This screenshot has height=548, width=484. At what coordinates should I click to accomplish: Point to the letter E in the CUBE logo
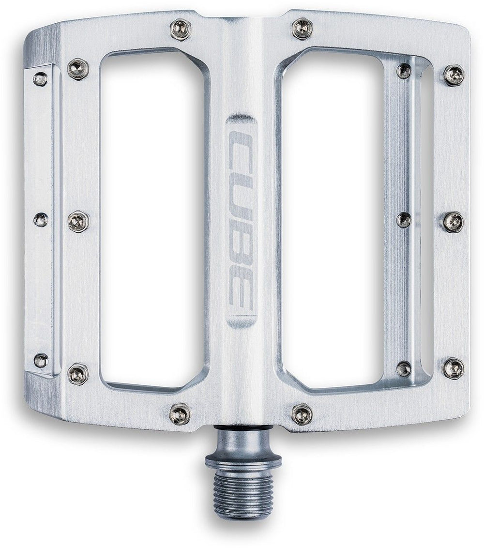[x=241, y=293]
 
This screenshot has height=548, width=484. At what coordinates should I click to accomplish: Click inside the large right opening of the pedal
[x=334, y=218]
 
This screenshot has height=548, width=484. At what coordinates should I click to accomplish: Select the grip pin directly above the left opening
[x=180, y=29]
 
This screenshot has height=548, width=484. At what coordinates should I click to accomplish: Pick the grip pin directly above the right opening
[x=302, y=29]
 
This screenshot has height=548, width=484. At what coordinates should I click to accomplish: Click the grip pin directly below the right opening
[x=302, y=414]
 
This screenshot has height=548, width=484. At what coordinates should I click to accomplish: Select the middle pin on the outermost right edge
[x=453, y=222]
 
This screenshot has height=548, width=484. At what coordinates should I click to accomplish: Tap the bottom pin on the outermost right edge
[x=454, y=368]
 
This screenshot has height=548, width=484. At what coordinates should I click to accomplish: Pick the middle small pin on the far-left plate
[x=41, y=220]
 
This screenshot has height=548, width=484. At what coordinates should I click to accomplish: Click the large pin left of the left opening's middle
[x=78, y=222]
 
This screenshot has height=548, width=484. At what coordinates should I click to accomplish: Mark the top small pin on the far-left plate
[x=40, y=79]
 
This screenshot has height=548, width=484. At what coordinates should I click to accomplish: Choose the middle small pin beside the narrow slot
[x=404, y=220]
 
